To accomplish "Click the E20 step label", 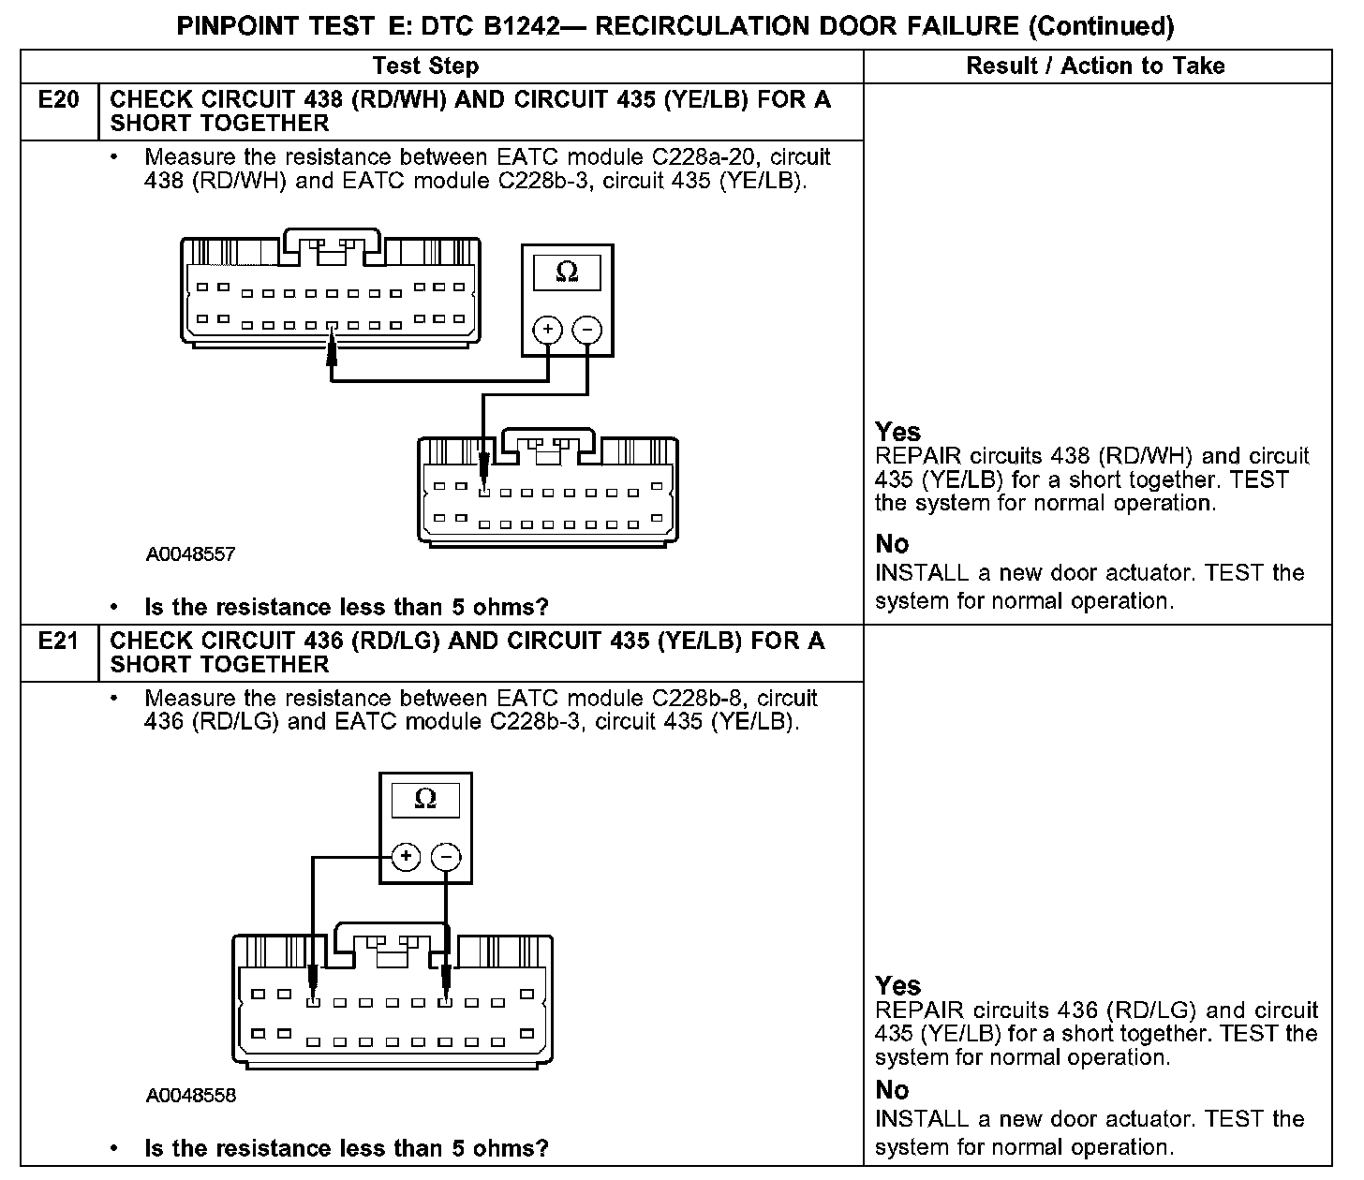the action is coord(58,100).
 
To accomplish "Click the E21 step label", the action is coord(58,642).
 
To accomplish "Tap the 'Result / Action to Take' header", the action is coord(1095,66).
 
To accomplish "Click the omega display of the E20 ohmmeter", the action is coord(567,273).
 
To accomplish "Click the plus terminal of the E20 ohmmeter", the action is coord(547,330).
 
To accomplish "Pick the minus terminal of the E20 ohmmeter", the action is coord(587,330).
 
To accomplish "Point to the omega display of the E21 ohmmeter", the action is coord(425,800).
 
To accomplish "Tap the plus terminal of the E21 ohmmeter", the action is coord(406,856).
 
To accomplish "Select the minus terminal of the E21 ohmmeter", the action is coord(446,856).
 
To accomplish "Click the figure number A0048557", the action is coord(190,554).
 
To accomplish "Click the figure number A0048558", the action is coord(190,1096).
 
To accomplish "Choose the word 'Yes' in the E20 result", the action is coord(897,432).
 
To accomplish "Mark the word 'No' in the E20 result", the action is coord(892,544).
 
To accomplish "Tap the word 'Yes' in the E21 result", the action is coord(897,985).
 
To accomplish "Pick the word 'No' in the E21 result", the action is coord(892,1090).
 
